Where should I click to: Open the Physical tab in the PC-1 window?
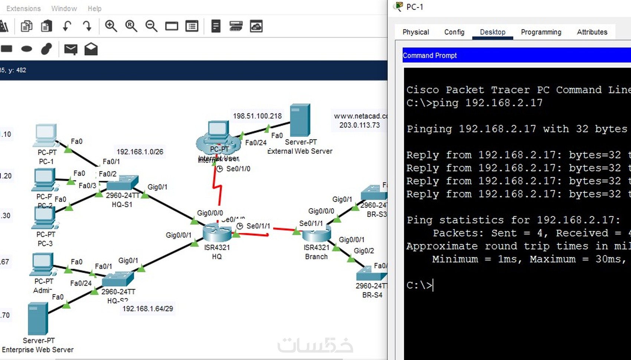click(x=415, y=32)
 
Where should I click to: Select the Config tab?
click(x=454, y=32)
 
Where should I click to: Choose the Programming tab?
click(x=541, y=32)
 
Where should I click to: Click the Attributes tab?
click(x=592, y=32)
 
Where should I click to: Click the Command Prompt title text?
click(x=429, y=56)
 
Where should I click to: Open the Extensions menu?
click(x=23, y=9)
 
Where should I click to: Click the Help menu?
click(x=94, y=9)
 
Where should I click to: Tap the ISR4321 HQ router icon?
click(x=217, y=233)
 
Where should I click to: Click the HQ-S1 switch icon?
click(x=122, y=183)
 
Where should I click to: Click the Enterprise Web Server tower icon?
click(x=38, y=319)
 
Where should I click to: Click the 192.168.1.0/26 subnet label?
click(x=140, y=152)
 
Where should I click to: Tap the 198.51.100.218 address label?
click(x=257, y=116)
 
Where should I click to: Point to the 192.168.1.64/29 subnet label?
click(x=147, y=309)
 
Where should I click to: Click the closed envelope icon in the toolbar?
click(x=71, y=49)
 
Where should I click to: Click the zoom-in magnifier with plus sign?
click(x=111, y=26)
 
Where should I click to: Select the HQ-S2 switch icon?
click(x=118, y=279)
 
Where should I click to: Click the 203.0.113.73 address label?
click(x=359, y=125)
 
